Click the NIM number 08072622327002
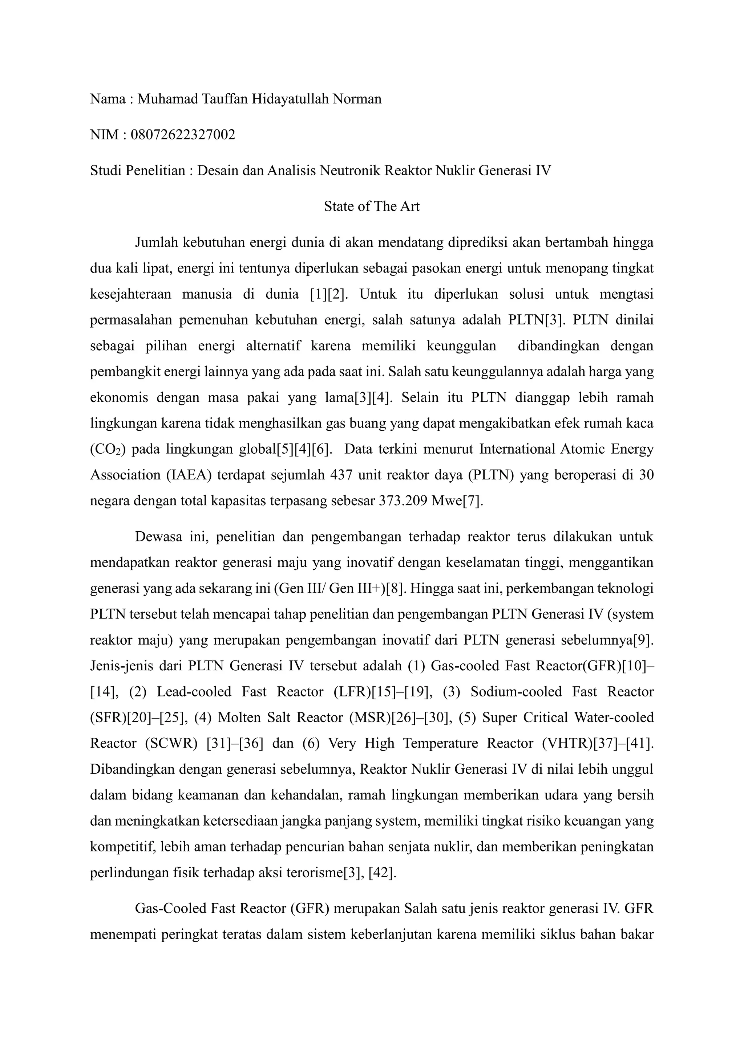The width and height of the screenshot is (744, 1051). pyautogui.click(x=183, y=135)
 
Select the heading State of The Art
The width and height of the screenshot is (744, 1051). pyautogui.click(x=372, y=206)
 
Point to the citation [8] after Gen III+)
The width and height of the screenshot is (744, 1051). pyautogui.click(x=396, y=588)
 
